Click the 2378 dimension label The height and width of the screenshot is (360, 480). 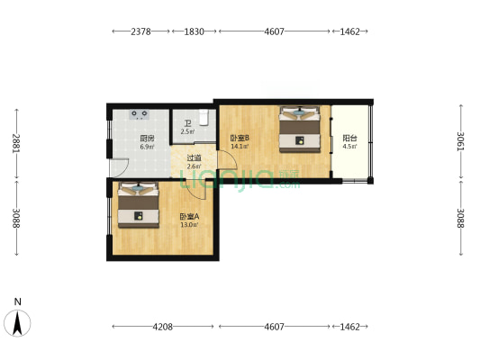tap(140, 31)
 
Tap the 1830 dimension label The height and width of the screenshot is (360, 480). tap(195, 31)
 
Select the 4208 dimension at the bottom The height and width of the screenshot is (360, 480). tap(162, 327)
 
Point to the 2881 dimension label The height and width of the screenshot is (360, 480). tap(16, 143)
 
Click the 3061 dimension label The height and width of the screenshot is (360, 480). tap(461, 141)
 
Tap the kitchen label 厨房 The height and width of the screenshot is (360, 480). tap(147, 139)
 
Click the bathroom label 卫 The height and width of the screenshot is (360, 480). tap(187, 124)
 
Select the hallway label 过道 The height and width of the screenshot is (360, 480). tap(195, 158)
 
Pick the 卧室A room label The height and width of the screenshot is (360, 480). tap(189, 217)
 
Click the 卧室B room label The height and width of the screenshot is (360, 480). tap(240, 139)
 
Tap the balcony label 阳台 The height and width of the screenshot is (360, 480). tap(350, 139)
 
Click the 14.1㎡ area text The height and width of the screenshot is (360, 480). tap(240, 147)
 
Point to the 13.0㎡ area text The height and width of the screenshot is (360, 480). tap(189, 225)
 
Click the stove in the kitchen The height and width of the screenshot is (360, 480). tap(140, 114)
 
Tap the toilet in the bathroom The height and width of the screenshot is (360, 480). tap(204, 118)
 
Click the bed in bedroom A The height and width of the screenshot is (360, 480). tap(139, 205)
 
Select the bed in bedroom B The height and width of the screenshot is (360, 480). tap(300, 130)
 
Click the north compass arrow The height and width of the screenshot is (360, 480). tap(17, 323)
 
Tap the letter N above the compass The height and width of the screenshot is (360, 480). tap(18, 301)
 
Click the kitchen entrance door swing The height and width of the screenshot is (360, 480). tap(119, 168)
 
